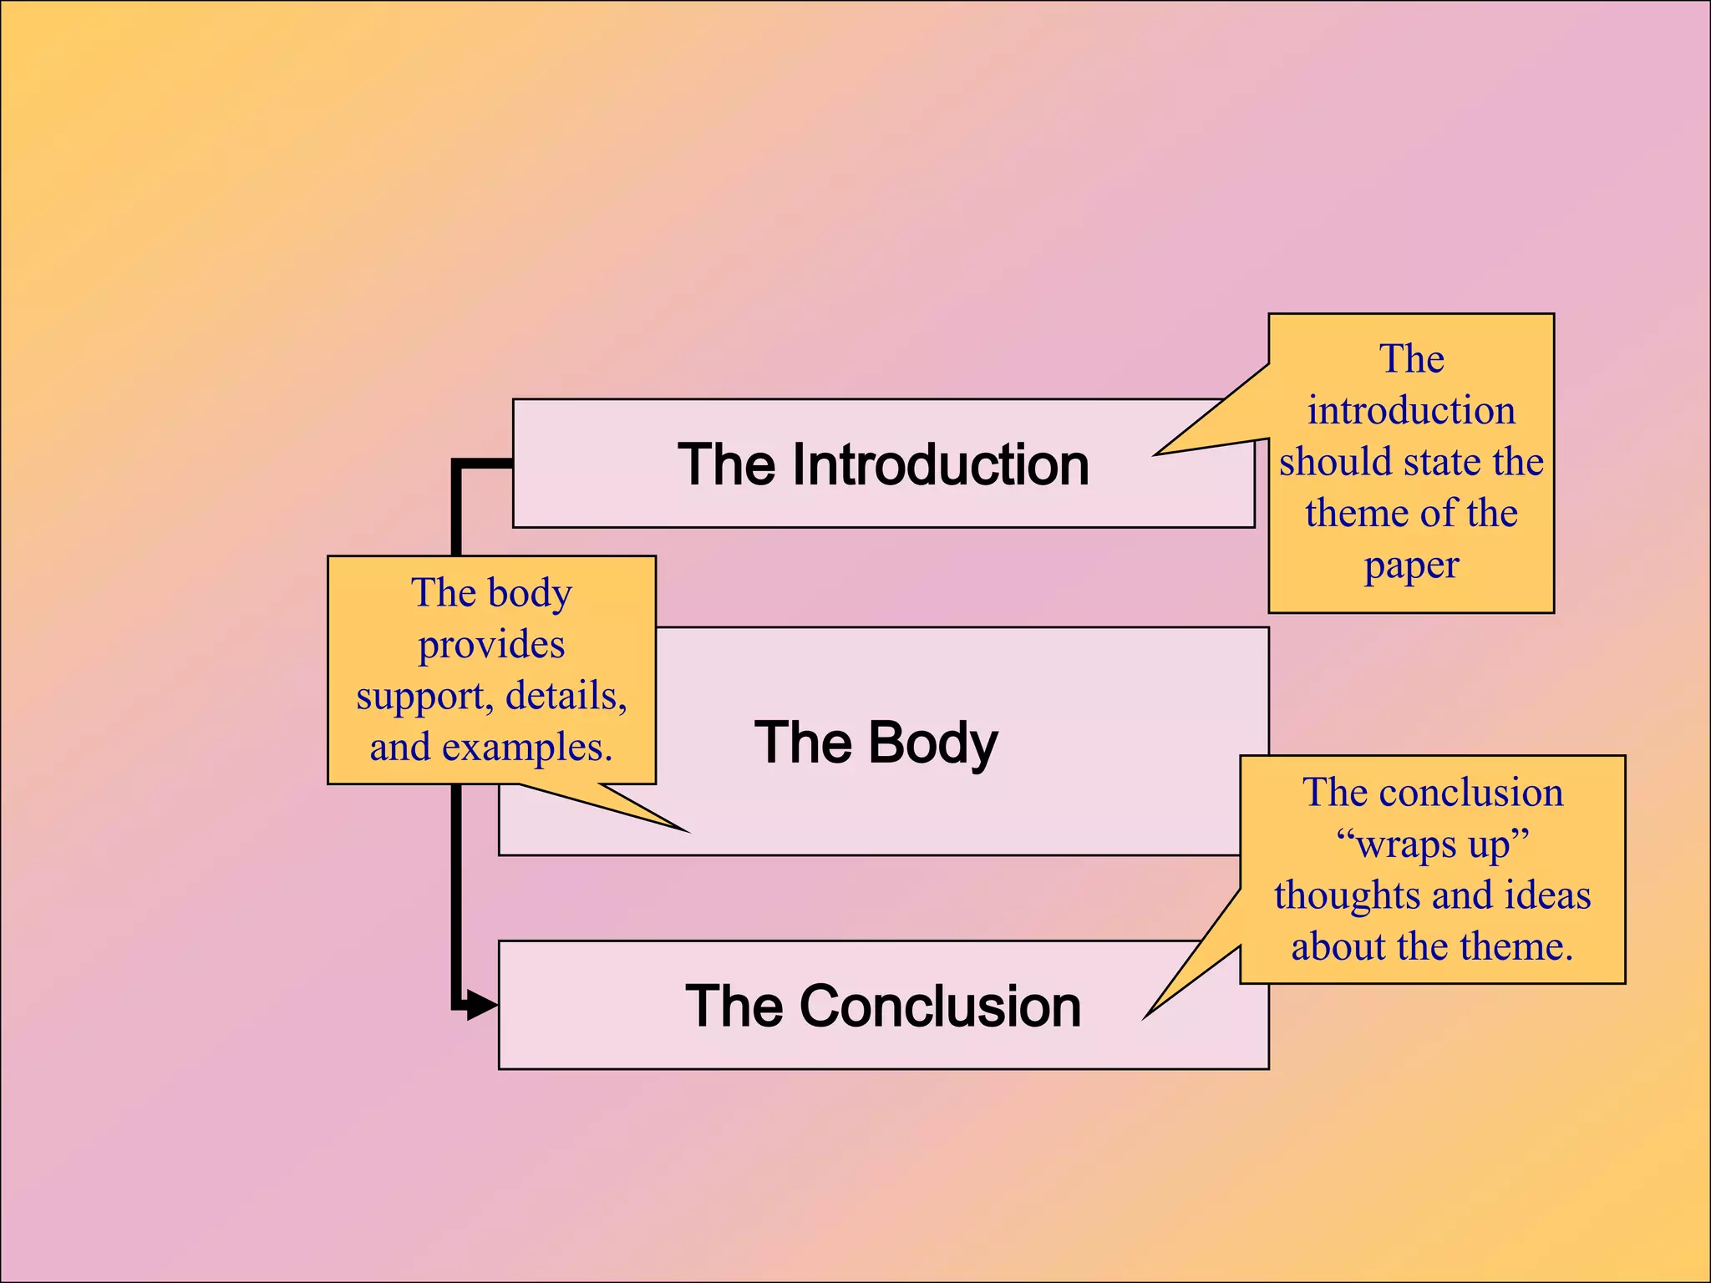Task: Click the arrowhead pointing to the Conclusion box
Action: [x=483, y=1005]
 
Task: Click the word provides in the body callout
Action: [x=491, y=645]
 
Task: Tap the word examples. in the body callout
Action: [x=527, y=748]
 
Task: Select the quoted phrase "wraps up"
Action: [x=1432, y=844]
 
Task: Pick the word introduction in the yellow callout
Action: [x=1411, y=411]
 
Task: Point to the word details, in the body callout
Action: [x=566, y=696]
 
